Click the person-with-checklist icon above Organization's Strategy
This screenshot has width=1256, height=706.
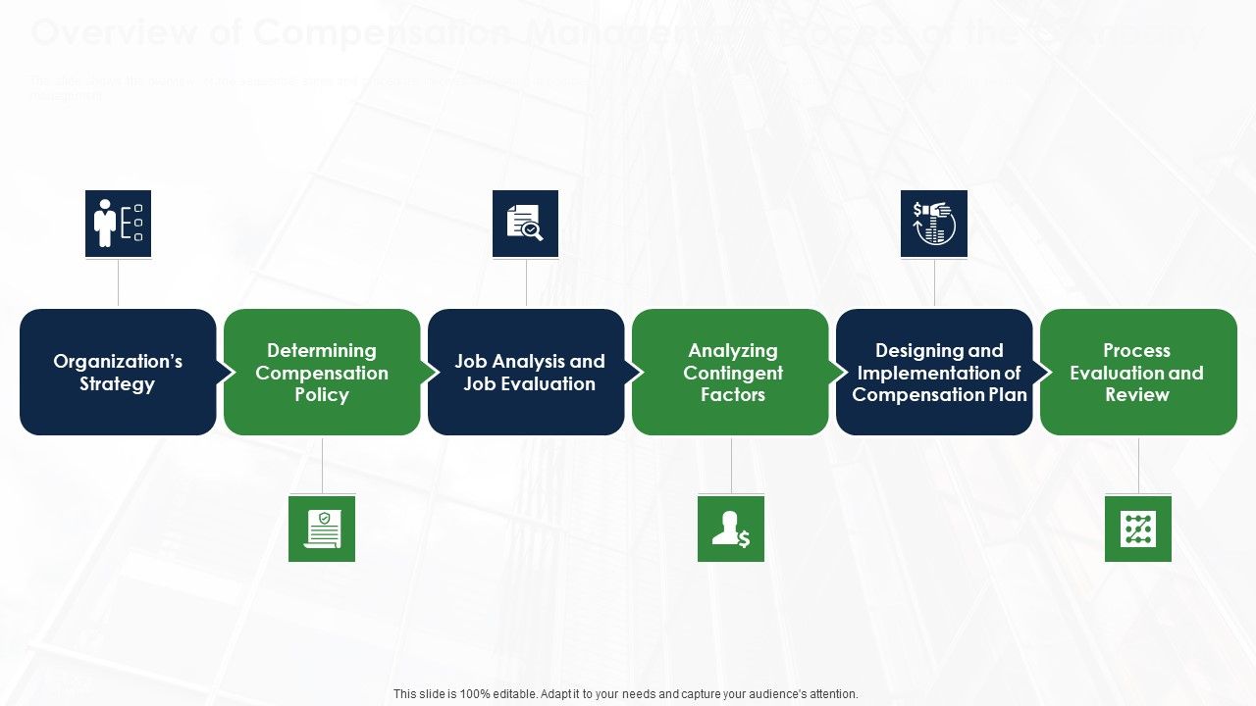point(118,224)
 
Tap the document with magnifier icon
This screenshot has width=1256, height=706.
point(525,224)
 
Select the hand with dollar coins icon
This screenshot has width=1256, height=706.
point(934,224)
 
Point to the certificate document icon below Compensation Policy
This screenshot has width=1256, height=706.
point(322,529)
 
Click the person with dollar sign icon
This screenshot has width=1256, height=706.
point(731,529)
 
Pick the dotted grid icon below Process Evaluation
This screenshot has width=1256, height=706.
point(1138,529)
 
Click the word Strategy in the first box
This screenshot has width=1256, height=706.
point(117,384)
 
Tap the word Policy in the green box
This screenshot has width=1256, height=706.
point(322,395)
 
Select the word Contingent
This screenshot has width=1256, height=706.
point(733,373)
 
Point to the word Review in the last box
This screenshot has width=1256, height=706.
point(1137,395)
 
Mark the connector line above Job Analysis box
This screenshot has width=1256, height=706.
point(526,283)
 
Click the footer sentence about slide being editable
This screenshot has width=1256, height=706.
point(626,694)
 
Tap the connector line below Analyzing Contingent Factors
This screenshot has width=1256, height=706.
point(731,465)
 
